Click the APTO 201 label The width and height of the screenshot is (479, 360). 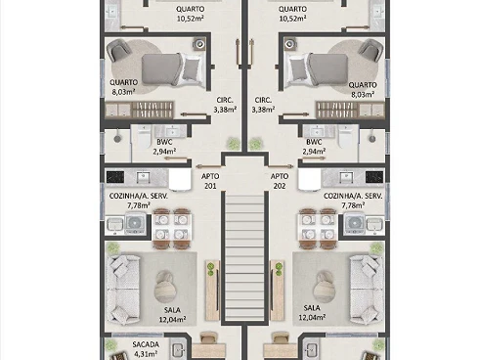[x=210, y=181]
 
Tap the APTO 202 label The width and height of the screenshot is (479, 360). [x=280, y=181]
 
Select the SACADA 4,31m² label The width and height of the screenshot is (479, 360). [x=146, y=349]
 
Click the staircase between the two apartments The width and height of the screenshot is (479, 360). [x=245, y=257]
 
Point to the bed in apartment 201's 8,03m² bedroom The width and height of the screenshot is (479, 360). [x=174, y=69]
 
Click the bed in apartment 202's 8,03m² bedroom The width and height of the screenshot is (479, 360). [x=316, y=70]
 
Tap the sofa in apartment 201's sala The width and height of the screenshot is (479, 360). [x=123, y=290]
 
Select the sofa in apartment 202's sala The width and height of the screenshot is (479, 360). [x=367, y=290]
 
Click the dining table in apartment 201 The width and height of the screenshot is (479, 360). [x=171, y=228]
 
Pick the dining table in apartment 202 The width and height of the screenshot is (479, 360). [x=318, y=228]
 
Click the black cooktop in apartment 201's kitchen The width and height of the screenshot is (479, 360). [x=115, y=177]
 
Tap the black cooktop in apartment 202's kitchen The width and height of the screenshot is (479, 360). [x=374, y=177]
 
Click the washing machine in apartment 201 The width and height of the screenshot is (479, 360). [x=134, y=223]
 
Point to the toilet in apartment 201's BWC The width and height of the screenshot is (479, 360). [x=144, y=138]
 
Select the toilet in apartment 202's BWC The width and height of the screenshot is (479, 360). [x=345, y=138]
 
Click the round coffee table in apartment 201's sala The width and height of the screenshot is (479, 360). [x=164, y=287]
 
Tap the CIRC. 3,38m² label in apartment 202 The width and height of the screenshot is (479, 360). [x=263, y=105]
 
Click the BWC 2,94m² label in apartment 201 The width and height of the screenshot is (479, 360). [x=164, y=147]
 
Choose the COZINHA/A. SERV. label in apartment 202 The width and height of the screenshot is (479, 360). [x=353, y=197]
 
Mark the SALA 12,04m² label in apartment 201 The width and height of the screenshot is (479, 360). [x=172, y=315]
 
